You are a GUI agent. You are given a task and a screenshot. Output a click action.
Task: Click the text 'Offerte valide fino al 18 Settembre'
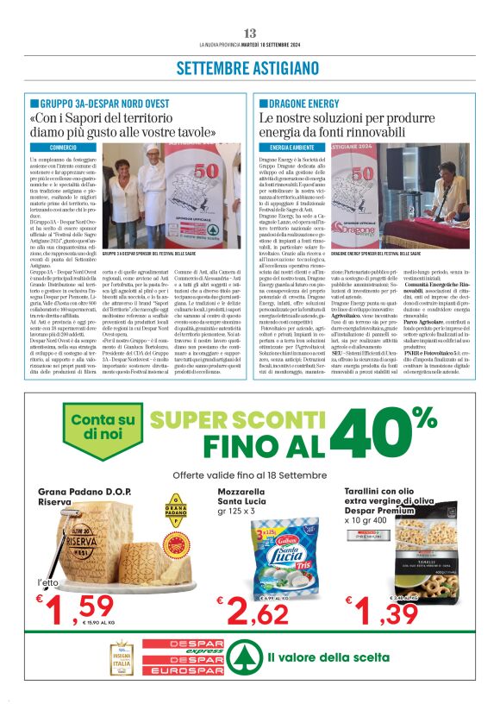[249, 475]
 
